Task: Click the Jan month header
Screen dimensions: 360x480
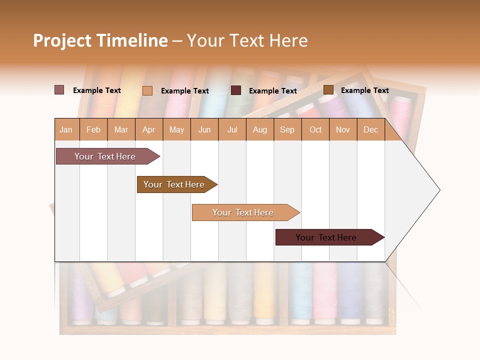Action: (x=66, y=130)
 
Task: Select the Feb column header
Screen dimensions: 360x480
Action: (x=93, y=130)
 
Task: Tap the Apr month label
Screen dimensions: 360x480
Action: (x=148, y=130)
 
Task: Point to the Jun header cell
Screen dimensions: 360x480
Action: (x=204, y=130)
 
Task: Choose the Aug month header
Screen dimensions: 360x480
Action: (x=259, y=130)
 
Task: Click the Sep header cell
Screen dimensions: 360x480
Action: (x=287, y=130)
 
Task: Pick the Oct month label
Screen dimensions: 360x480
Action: (x=315, y=130)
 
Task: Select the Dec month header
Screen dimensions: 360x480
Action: (x=370, y=130)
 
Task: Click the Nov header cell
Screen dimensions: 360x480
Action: (x=342, y=130)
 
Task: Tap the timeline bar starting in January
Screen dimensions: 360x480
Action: (x=105, y=156)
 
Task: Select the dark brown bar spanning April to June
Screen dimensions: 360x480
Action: (x=174, y=184)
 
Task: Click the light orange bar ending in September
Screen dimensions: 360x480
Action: (x=243, y=212)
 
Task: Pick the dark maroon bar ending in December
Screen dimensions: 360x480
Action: (x=326, y=237)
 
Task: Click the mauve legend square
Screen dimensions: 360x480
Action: (x=59, y=90)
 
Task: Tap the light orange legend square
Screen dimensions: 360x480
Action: (x=147, y=90)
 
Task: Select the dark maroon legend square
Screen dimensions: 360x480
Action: (x=236, y=90)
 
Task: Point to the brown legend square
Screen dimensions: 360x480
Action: (x=328, y=90)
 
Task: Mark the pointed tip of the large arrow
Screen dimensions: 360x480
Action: (x=439, y=190)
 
